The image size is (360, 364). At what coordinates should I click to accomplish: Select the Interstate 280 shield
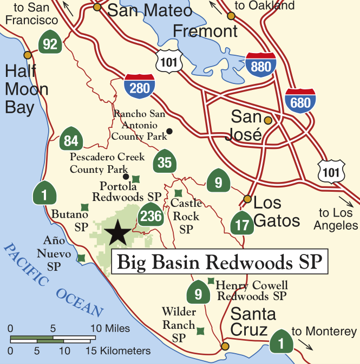[x=139, y=88]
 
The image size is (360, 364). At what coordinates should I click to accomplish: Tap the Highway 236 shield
[x=150, y=216]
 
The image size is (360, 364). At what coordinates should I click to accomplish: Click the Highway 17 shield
[x=241, y=223]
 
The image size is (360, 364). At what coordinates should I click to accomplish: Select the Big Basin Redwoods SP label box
[x=220, y=263]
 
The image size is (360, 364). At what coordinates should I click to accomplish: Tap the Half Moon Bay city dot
[x=27, y=55]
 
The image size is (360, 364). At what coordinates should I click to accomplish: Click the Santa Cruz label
[x=253, y=322]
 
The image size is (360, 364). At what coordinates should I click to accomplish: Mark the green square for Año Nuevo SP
[x=81, y=258]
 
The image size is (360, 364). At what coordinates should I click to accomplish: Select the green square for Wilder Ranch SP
[x=200, y=330]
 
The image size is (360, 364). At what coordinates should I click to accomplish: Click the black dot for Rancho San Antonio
[x=169, y=131]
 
